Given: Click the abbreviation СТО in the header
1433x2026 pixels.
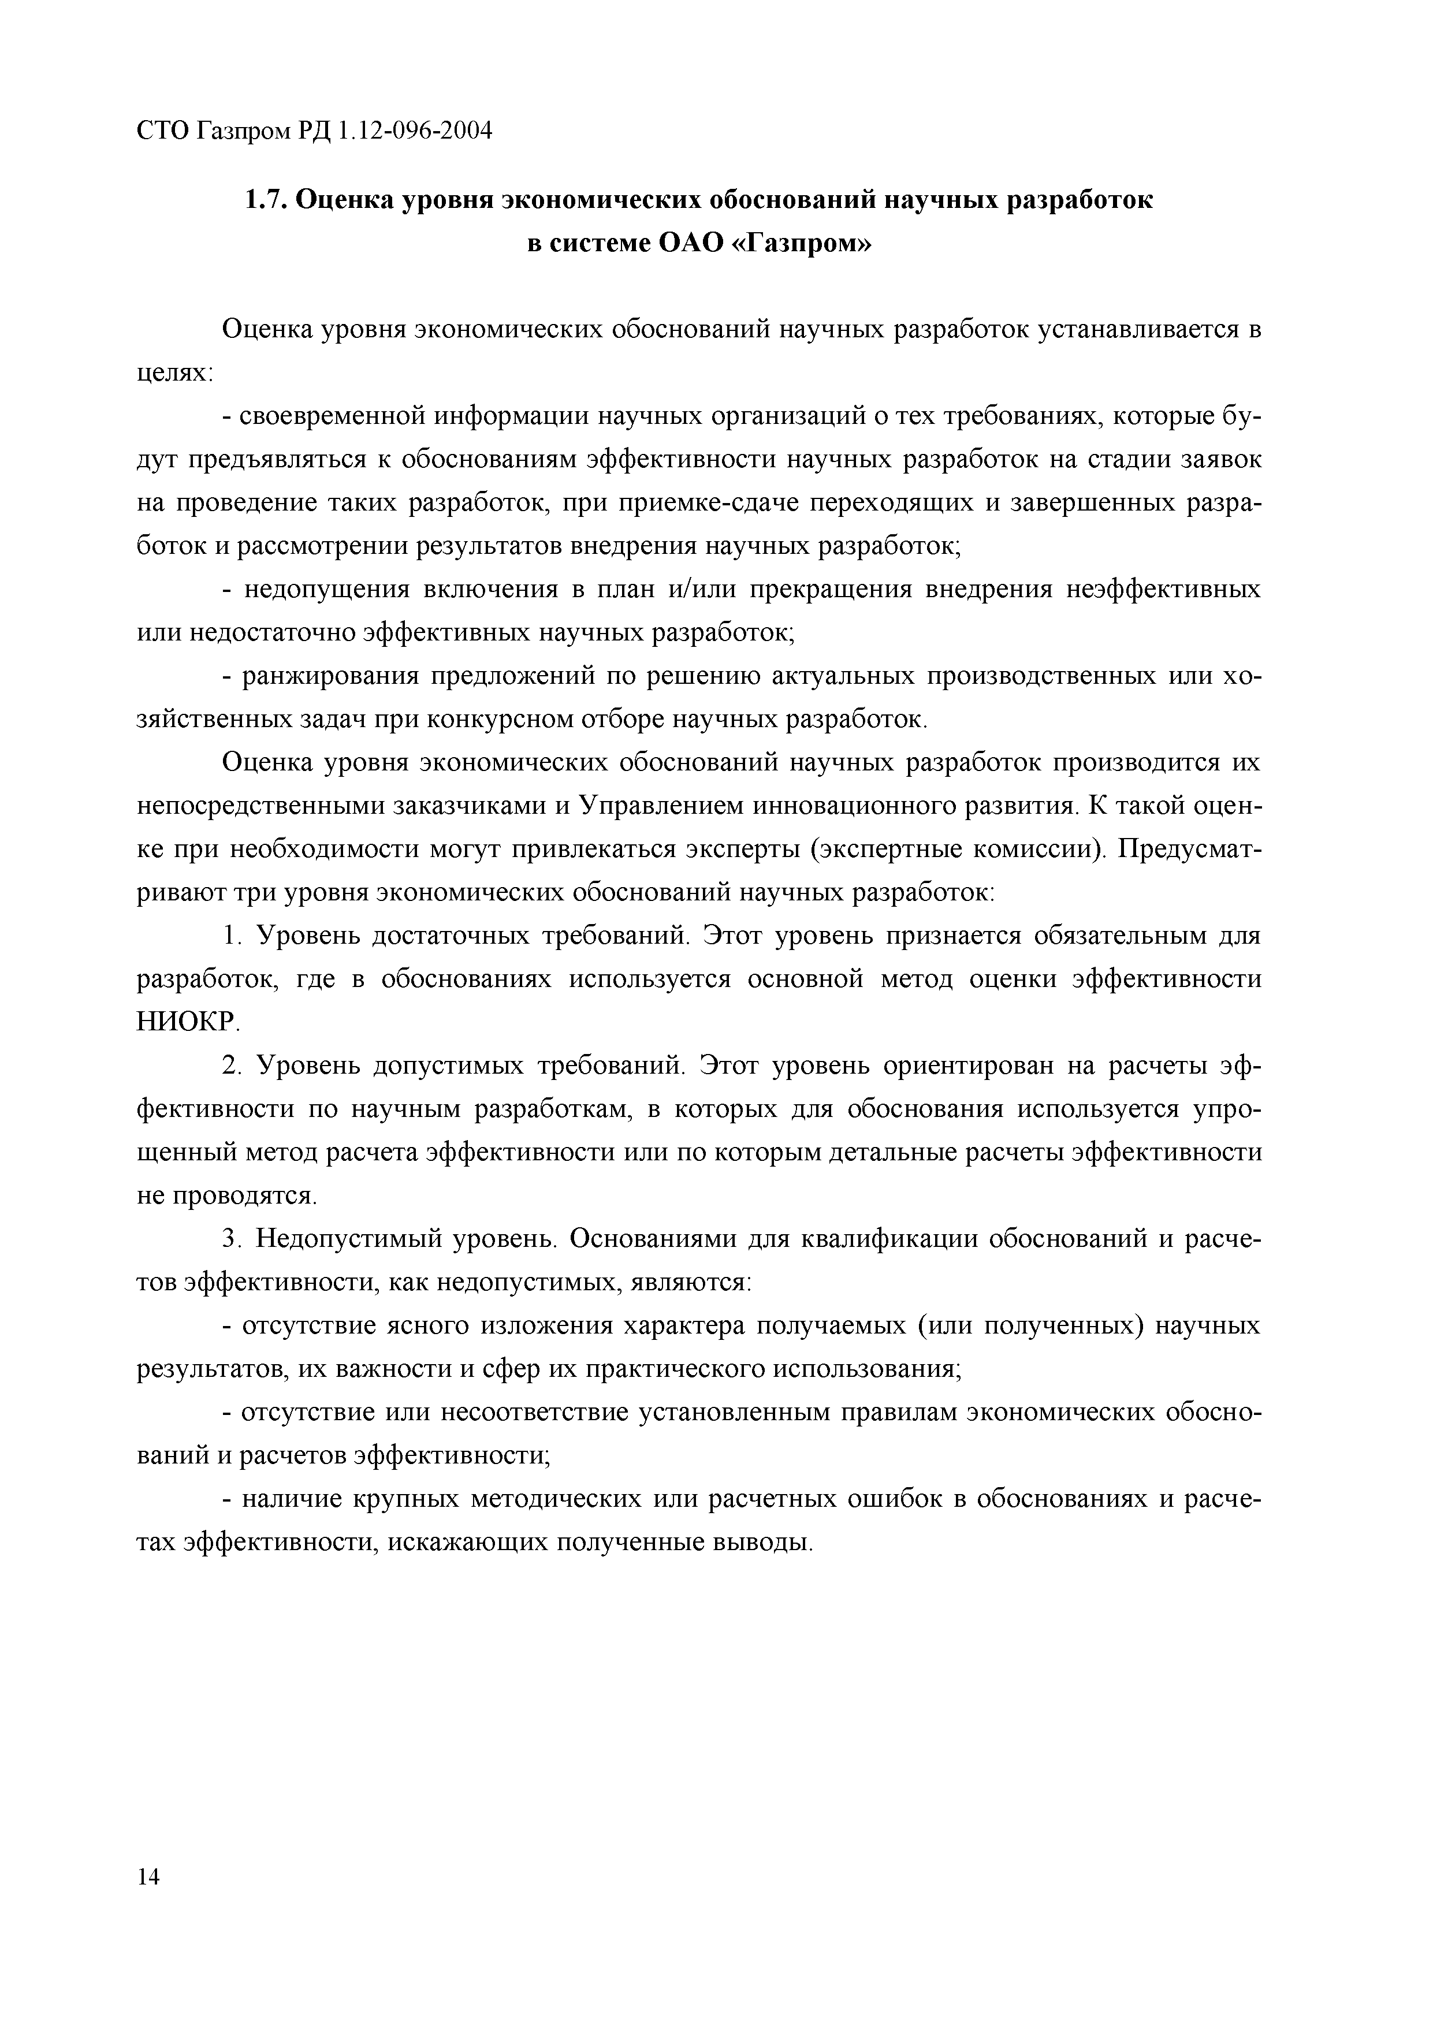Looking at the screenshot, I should tap(162, 132).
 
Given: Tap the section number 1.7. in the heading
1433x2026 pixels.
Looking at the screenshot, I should tap(265, 200).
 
